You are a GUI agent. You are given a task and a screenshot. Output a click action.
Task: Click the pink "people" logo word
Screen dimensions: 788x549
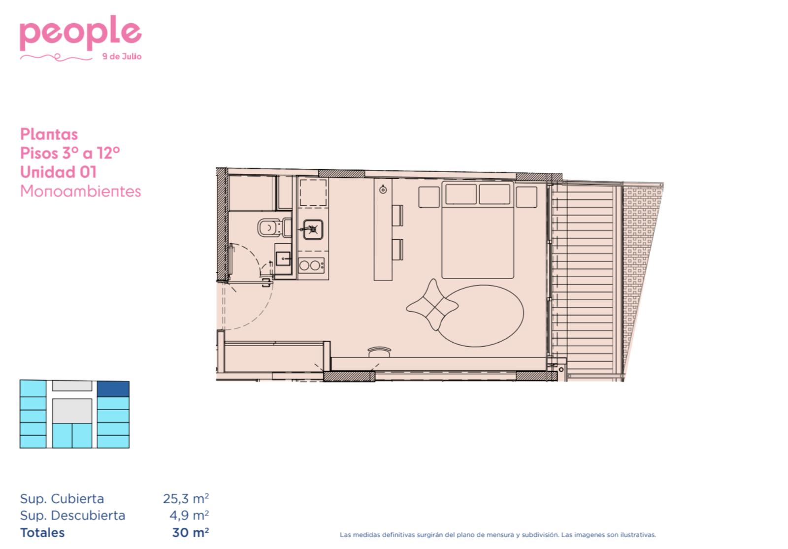(x=81, y=33)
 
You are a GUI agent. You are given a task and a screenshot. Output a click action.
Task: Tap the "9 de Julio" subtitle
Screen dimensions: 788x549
(x=122, y=57)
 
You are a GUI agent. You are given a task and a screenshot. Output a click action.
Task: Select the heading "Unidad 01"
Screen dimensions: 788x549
(x=58, y=172)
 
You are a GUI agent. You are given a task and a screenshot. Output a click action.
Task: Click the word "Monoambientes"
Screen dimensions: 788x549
(x=80, y=192)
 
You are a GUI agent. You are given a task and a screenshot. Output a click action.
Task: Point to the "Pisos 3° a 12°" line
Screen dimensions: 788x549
(x=70, y=153)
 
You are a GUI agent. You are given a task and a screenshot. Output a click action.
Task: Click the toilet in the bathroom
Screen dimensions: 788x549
(x=274, y=227)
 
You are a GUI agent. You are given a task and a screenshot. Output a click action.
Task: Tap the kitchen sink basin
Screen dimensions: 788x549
(x=313, y=229)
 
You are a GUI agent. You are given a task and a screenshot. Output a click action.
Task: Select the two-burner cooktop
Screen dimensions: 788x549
(x=311, y=265)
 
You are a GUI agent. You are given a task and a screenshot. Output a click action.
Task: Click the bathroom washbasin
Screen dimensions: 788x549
(x=283, y=259)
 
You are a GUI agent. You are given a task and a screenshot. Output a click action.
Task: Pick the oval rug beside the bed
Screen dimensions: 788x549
(x=480, y=316)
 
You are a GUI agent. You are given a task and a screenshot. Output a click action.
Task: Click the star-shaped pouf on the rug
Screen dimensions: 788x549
(x=432, y=305)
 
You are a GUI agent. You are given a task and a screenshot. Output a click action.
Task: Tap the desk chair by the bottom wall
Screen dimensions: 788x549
(x=379, y=352)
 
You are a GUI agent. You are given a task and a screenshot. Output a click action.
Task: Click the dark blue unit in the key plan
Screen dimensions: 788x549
(x=113, y=389)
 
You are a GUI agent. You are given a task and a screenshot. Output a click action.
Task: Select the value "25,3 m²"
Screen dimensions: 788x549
(x=186, y=499)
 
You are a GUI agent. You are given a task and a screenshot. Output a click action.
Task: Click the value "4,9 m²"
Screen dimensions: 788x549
(x=189, y=516)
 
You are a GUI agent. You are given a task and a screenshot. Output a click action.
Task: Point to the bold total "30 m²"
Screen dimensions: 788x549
(x=190, y=533)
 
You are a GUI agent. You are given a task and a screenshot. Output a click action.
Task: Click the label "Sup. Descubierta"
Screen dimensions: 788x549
(x=72, y=516)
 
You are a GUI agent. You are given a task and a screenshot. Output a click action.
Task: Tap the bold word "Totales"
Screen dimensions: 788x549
(x=42, y=533)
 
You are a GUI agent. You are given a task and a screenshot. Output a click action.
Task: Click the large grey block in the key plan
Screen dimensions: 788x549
(x=72, y=411)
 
